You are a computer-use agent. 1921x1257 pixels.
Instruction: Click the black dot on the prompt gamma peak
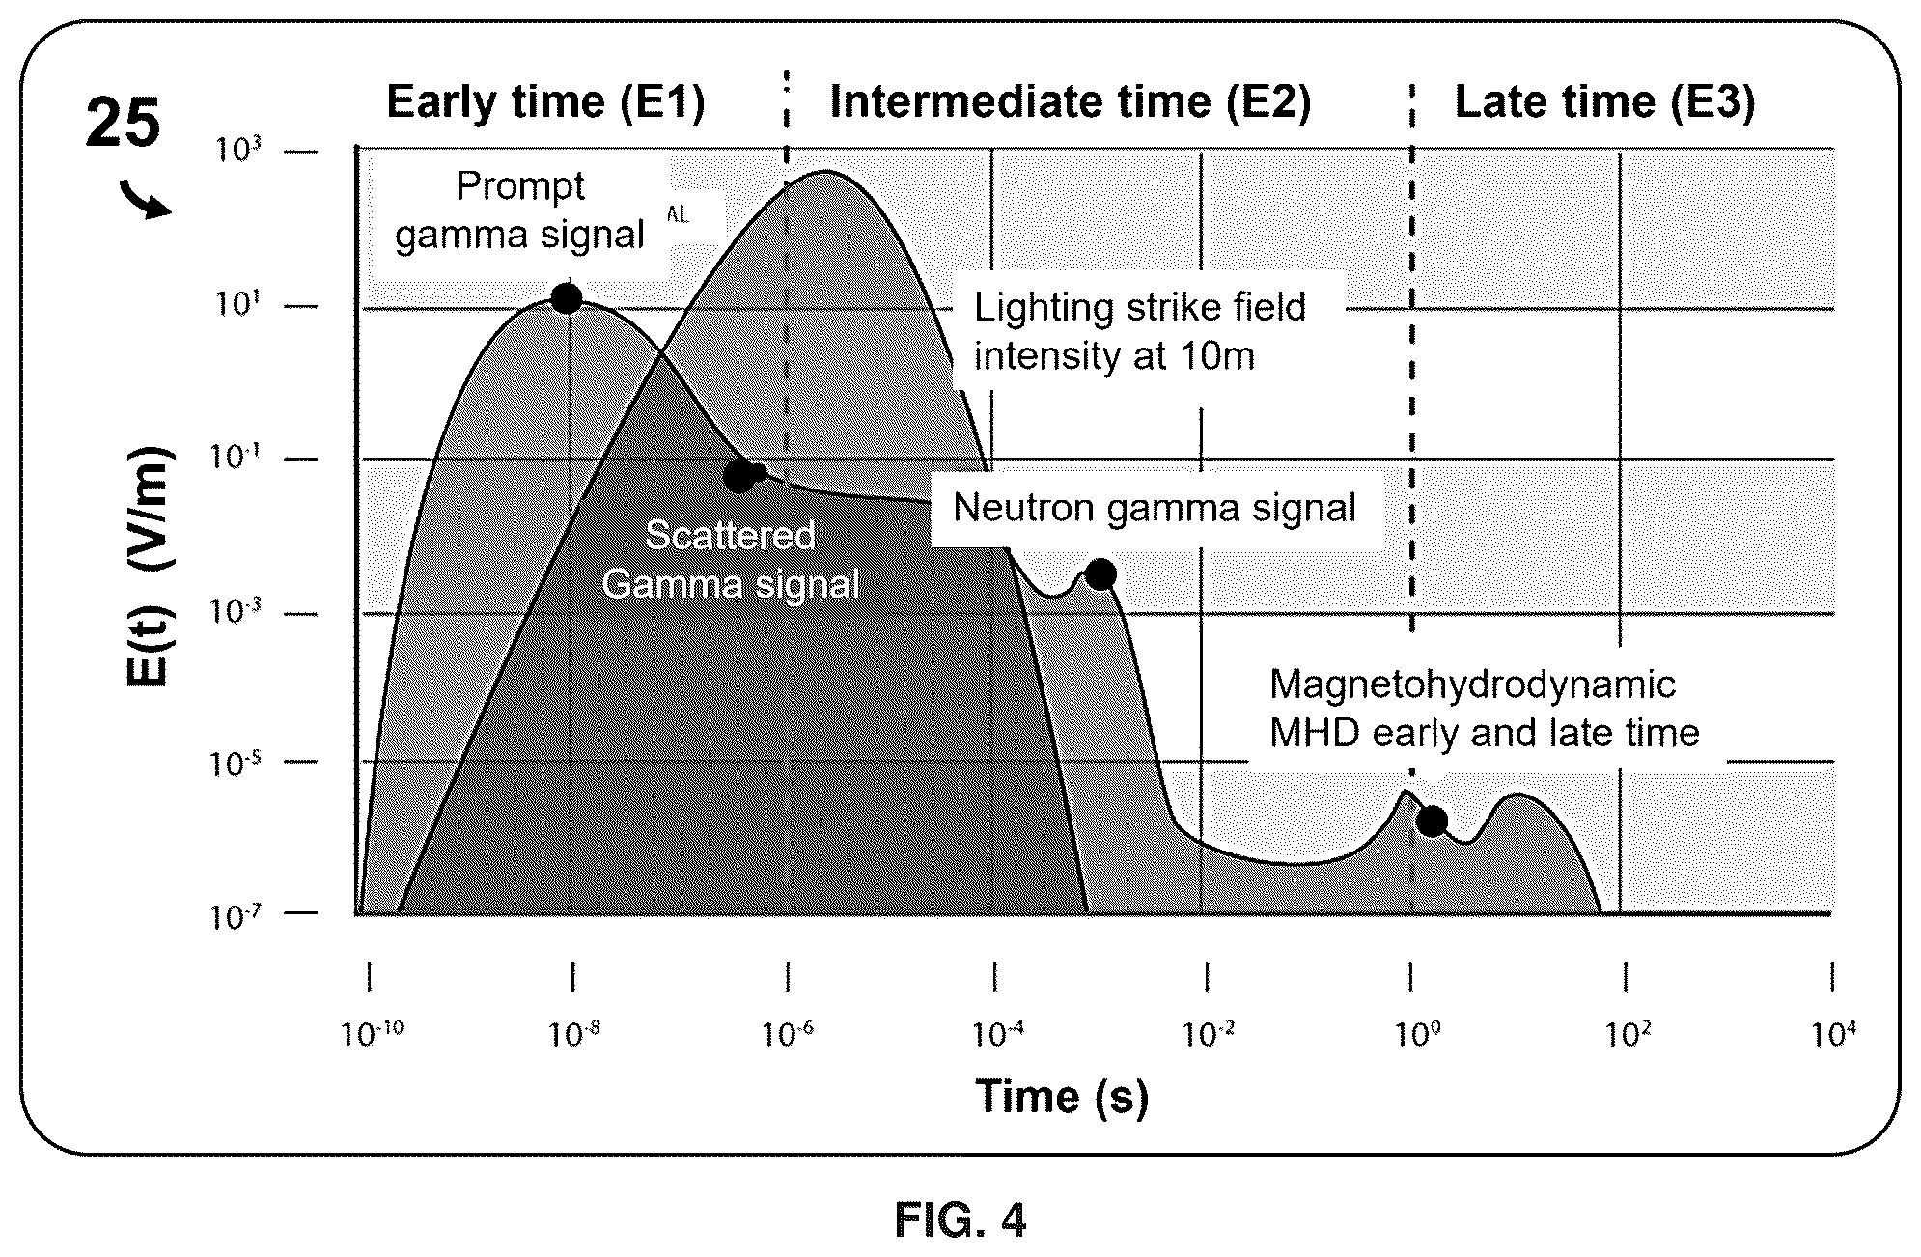(567, 298)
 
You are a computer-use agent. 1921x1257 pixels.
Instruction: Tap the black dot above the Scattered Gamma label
(740, 475)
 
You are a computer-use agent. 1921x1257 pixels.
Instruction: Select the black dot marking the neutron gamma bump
(1100, 574)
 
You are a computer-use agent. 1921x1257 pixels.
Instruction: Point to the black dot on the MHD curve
(1432, 821)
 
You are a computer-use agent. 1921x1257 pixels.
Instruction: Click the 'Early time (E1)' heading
(546, 102)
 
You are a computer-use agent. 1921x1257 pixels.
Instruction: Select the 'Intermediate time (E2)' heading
(1071, 102)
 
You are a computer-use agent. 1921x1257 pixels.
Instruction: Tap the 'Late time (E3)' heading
(1604, 102)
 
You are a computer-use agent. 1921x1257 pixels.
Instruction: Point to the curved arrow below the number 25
(146, 201)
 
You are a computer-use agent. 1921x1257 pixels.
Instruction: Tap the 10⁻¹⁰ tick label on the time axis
(373, 1035)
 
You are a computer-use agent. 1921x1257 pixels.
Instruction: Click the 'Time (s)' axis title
(1062, 1097)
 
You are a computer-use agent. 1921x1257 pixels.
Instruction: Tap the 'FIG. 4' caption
(960, 1220)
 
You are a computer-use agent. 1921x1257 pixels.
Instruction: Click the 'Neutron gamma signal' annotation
(1155, 508)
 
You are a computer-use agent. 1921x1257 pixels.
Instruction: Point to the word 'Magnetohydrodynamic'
(1472, 684)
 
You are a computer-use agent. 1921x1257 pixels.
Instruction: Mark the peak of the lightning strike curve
(826, 171)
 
